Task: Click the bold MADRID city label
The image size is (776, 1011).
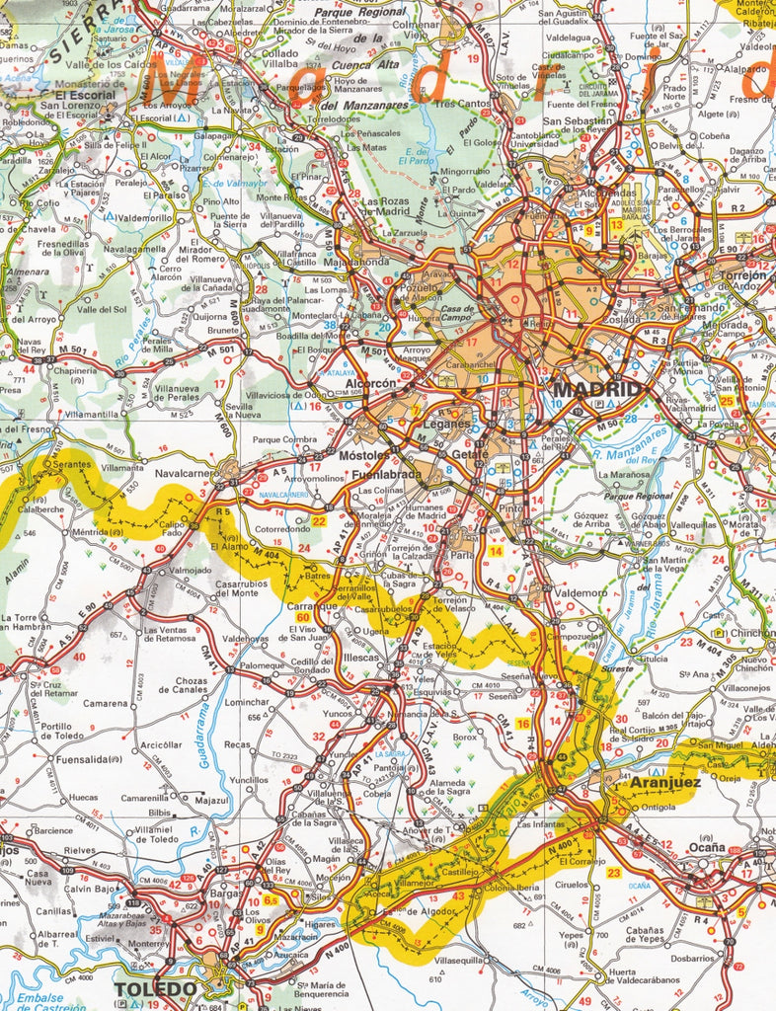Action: pyautogui.click(x=597, y=390)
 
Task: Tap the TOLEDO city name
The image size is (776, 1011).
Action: pyautogui.click(x=155, y=988)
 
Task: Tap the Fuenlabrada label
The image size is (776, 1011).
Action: pyautogui.click(x=387, y=475)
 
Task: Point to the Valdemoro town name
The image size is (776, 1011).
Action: pyautogui.click(x=581, y=592)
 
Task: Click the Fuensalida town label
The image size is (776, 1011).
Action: pyautogui.click(x=62, y=761)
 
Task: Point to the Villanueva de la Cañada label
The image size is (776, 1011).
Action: pyautogui.click(x=210, y=286)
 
